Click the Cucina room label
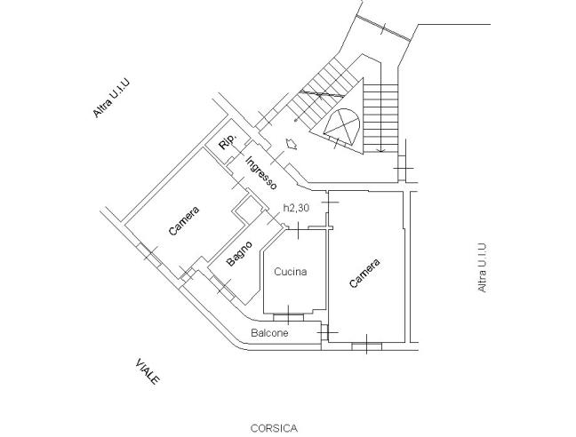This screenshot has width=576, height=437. (x=291, y=272)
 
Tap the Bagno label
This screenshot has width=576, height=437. (x=239, y=254)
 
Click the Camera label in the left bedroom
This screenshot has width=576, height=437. (x=184, y=221)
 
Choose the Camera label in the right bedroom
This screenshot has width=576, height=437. (x=365, y=274)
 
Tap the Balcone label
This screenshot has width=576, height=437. (x=268, y=333)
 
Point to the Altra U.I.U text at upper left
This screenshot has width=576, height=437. (x=114, y=97)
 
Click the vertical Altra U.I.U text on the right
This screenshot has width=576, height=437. (x=482, y=267)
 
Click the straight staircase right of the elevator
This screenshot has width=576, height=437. (x=384, y=115)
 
